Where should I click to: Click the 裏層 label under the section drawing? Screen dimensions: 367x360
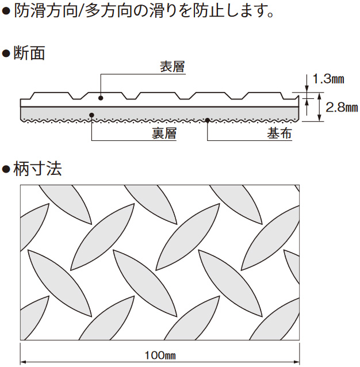(x=164, y=135)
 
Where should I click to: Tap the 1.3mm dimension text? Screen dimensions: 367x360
(x=328, y=79)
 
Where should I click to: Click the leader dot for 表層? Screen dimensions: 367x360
(x=101, y=98)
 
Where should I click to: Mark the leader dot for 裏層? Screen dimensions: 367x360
(x=92, y=114)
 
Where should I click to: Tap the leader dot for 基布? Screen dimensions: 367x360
(x=207, y=120)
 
